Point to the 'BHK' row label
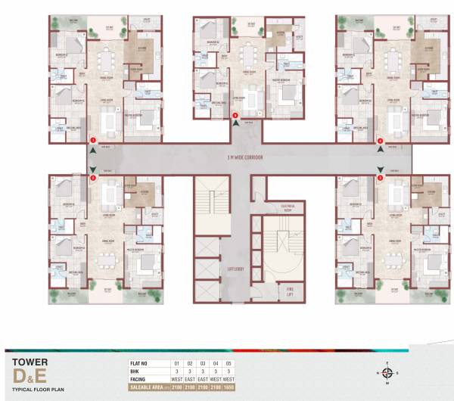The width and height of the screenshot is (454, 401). [x=136, y=371]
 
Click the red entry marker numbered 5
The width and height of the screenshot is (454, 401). [x=235, y=116]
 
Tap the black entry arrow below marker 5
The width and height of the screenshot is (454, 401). [x=235, y=126]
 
